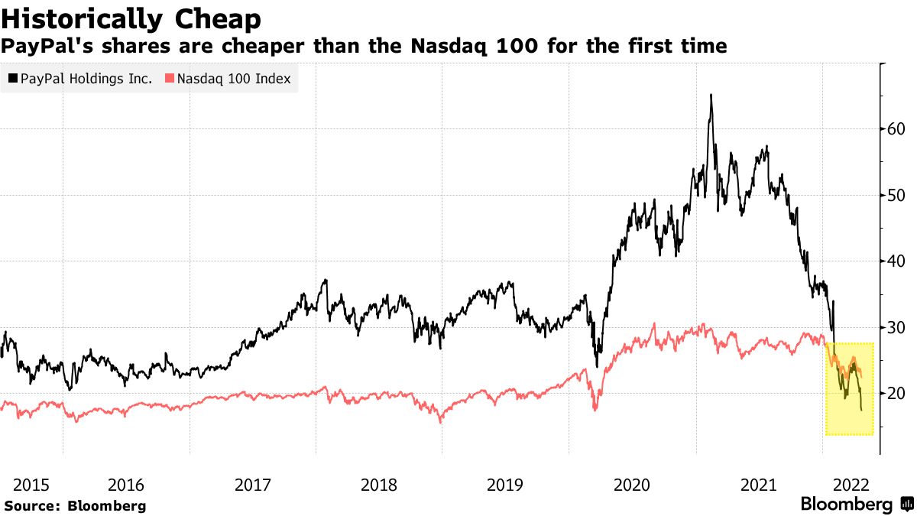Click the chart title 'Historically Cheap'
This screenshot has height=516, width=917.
[131, 18]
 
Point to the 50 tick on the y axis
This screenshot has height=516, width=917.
[896, 195]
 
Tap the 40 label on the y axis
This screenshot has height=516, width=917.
[896, 261]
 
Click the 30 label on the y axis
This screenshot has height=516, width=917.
[896, 327]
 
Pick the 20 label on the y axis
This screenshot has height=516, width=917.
[896, 393]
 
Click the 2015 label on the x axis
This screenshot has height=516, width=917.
[31, 485]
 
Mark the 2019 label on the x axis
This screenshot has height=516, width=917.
[504, 485]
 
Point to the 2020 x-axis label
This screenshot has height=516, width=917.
[631, 485]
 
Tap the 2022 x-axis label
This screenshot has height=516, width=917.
[851, 485]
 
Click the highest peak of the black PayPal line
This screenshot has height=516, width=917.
[711, 95]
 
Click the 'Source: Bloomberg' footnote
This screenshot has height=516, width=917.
[75, 505]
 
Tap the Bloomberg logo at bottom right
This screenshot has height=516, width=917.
[856, 505]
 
